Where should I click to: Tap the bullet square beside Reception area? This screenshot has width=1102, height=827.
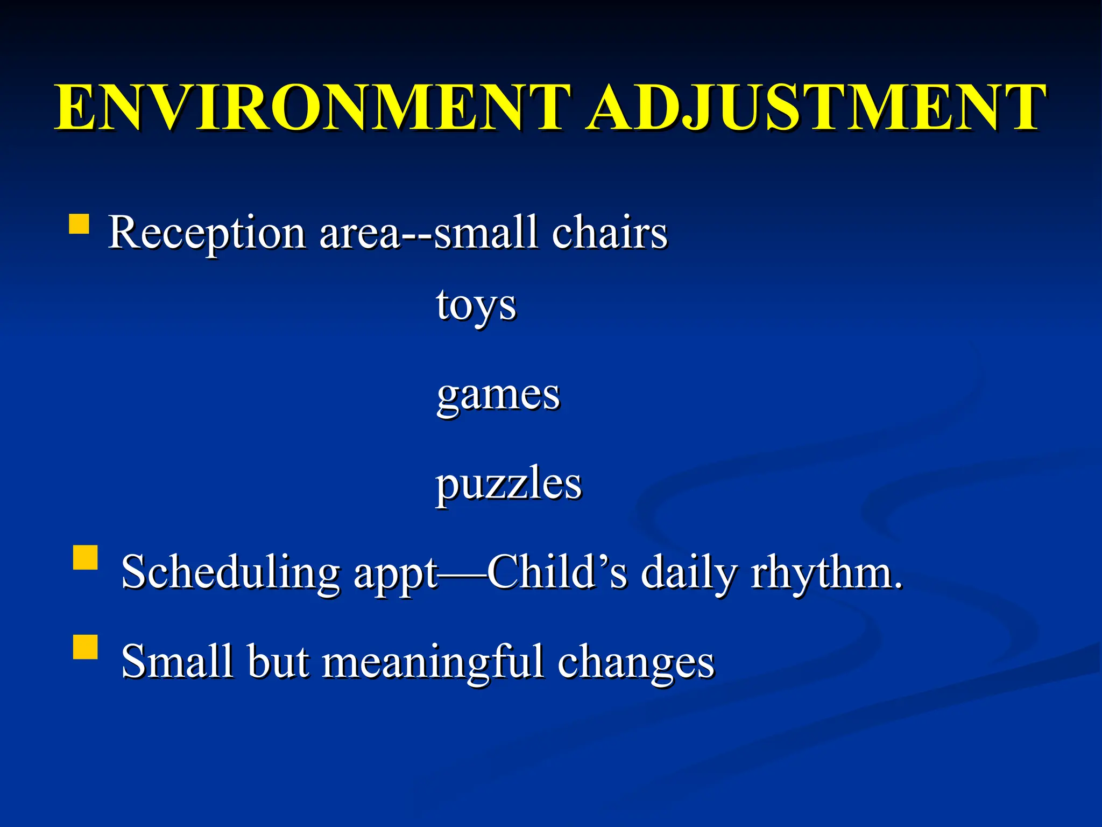pyautogui.click(x=79, y=224)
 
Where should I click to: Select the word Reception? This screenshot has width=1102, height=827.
pyautogui.click(x=207, y=233)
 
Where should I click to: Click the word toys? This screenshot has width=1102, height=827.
pyautogui.click(x=476, y=306)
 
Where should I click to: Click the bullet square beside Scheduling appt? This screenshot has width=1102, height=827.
pyautogui.click(x=85, y=558)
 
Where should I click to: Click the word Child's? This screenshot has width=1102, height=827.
pyautogui.click(x=557, y=572)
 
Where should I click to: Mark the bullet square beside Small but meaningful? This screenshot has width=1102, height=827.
pyautogui.click(x=85, y=647)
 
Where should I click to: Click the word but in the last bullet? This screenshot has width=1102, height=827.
pyautogui.click(x=278, y=661)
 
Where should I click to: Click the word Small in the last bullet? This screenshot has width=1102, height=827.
pyautogui.click(x=178, y=661)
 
